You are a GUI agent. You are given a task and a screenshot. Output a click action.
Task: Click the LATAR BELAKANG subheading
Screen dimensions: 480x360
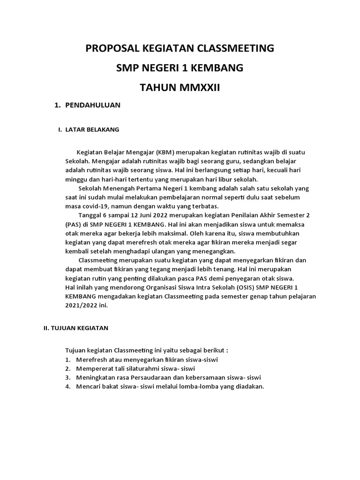[92, 129]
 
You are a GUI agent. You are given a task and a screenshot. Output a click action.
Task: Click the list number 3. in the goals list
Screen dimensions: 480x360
[68, 377]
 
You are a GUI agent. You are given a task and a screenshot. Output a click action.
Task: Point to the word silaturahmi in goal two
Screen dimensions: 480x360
[139, 368]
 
